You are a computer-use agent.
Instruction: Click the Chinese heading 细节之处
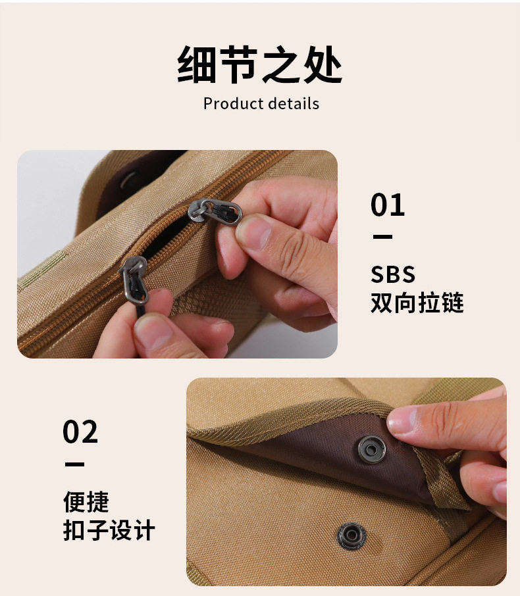click(x=260, y=64)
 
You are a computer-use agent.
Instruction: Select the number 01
click(x=388, y=205)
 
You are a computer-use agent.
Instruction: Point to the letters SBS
click(x=393, y=274)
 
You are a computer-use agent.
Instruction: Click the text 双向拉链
click(x=417, y=303)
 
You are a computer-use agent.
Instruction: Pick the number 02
click(x=80, y=432)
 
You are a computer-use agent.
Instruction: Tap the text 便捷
click(x=86, y=502)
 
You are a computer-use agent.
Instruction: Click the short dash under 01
click(x=382, y=237)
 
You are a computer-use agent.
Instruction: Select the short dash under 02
click(x=74, y=464)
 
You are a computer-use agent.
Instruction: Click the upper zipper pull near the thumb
click(x=215, y=211)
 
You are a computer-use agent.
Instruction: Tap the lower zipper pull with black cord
click(x=134, y=280)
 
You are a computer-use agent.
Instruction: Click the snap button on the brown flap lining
click(x=372, y=450)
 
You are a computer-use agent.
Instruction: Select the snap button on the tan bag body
click(x=352, y=536)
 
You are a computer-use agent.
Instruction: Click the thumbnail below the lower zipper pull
click(x=153, y=332)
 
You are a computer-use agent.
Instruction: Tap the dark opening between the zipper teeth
click(x=167, y=234)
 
